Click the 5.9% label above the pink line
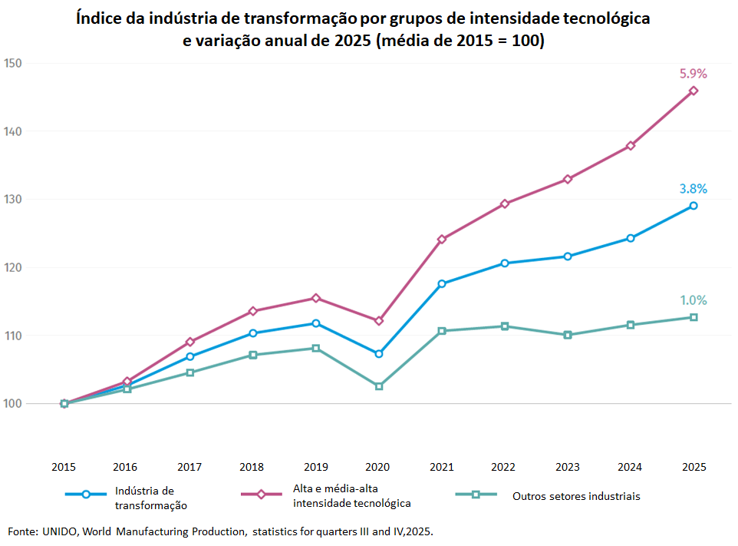point(693,74)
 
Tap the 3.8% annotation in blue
point(693,189)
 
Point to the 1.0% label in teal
point(693,300)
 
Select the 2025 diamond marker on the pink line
point(694,91)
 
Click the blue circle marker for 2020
point(379,353)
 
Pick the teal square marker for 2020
point(379,386)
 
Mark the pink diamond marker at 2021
point(442,239)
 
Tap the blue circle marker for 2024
point(631,238)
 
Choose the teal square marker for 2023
point(568,335)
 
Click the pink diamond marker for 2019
point(316,298)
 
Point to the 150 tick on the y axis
point(12,63)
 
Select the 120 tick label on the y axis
point(12,267)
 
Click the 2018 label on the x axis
point(252,466)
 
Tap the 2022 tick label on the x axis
point(504,466)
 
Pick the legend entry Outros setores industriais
point(575,496)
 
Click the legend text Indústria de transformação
point(150,498)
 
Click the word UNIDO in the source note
point(60,531)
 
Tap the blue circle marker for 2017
point(189,356)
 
